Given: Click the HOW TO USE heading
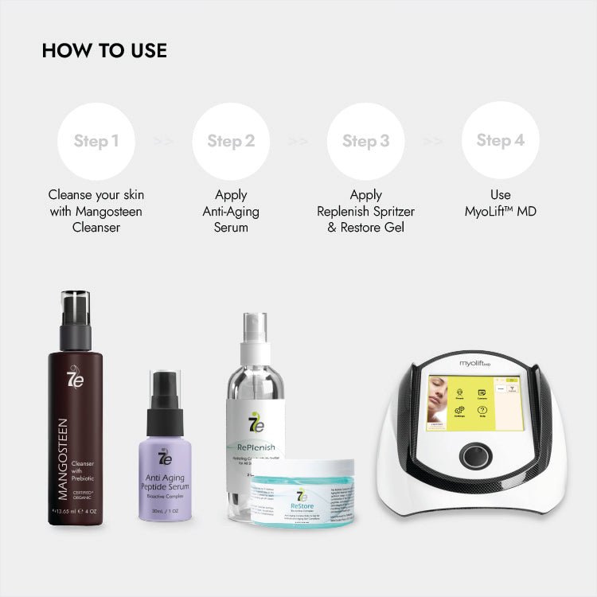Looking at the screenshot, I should tap(104, 51).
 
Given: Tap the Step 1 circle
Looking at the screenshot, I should tap(96, 141).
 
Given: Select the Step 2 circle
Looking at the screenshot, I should tap(231, 141).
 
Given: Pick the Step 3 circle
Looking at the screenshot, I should tap(365, 141).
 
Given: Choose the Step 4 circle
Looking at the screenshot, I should tap(500, 141).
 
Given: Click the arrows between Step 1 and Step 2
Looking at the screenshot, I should tap(163, 142).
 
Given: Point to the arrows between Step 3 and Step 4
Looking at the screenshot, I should tap(433, 142).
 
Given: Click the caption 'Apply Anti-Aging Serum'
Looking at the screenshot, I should tap(231, 211).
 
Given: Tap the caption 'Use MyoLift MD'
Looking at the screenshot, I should tap(500, 203).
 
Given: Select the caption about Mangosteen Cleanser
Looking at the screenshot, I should tap(96, 211).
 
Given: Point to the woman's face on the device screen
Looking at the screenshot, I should tap(438, 402).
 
